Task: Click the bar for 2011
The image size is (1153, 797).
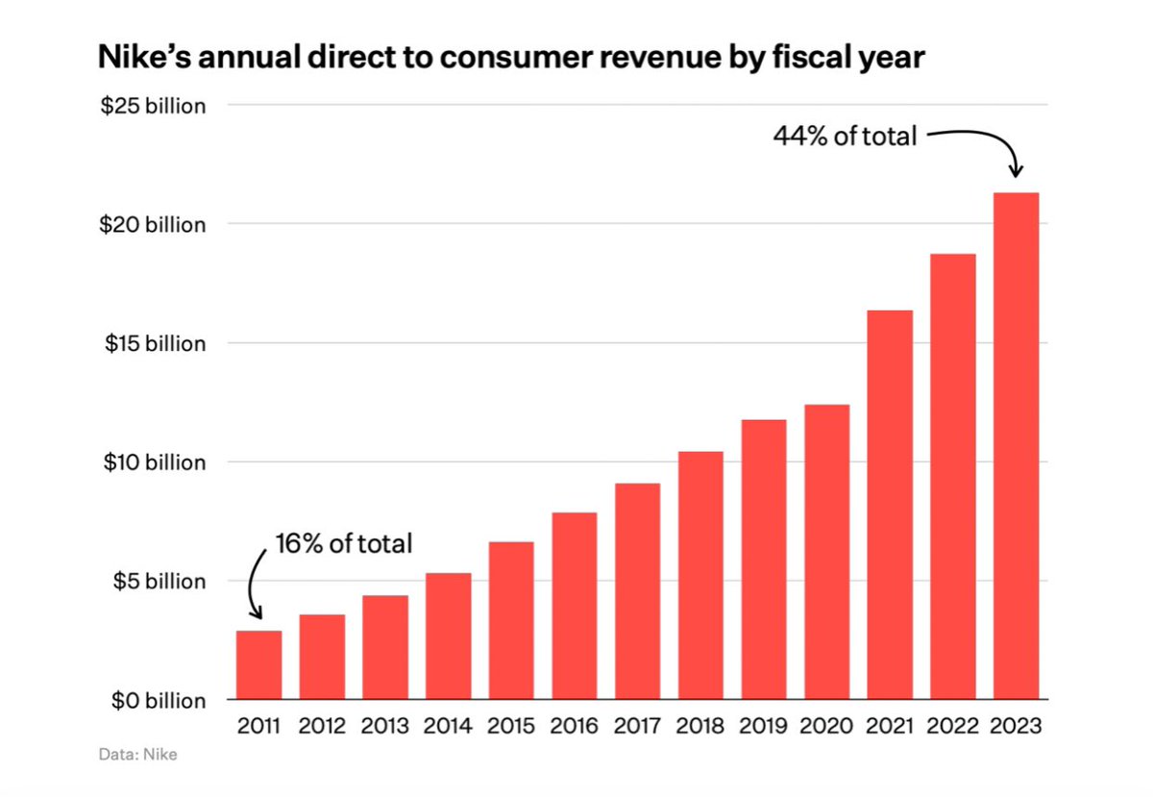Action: pyautogui.click(x=258, y=664)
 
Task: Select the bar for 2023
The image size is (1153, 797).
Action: pyautogui.click(x=1016, y=446)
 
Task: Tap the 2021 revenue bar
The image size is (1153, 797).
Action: pyautogui.click(x=890, y=505)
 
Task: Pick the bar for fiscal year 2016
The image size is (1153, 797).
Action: pyautogui.click(x=575, y=606)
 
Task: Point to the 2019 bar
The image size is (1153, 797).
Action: pyautogui.click(x=764, y=560)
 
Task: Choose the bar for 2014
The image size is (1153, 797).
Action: pyautogui.click(x=449, y=635)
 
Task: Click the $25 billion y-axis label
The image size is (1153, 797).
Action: pyautogui.click(x=154, y=106)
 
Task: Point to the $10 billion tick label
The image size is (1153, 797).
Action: pyautogui.click(x=154, y=462)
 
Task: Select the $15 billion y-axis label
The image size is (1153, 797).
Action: pyautogui.click(x=154, y=343)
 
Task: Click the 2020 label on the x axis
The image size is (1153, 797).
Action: pyautogui.click(x=826, y=726)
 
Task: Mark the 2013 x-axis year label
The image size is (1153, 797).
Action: pyautogui.click(x=385, y=726)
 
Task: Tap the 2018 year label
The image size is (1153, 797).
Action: pyautogui.click(x=700, y=726)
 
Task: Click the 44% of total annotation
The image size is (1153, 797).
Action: pyautogui.click(x=845, y=137)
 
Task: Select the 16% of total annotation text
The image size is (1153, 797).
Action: pyautogui.click(x=343, y=544)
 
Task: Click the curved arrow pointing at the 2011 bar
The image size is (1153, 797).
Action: pyautogui.click(x=255, y=586)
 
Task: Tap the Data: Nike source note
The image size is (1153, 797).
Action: pyautogui.click(x=137, y=755)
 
